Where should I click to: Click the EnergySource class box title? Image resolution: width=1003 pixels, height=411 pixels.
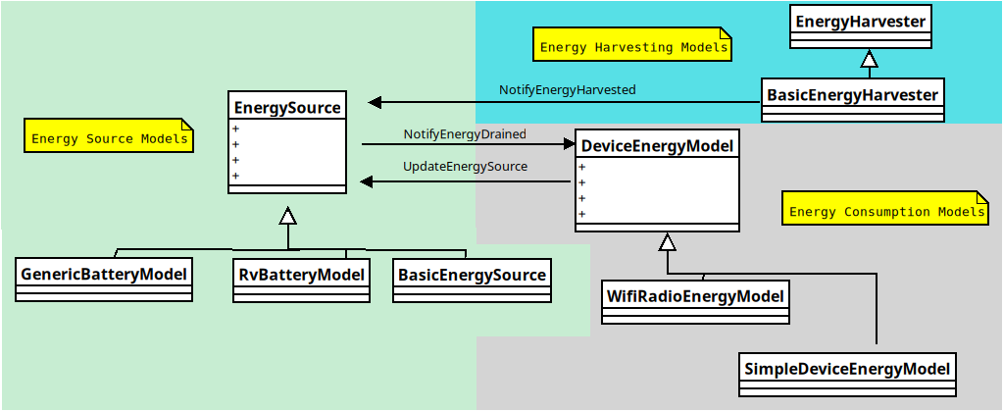click(x=287, y=108)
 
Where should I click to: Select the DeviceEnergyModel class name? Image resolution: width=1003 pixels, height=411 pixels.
click(x=657, y=146)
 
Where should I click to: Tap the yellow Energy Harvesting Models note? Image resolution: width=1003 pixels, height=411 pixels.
click(x=633, y=46)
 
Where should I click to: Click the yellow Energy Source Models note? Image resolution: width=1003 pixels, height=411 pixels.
click(x=109, y=137)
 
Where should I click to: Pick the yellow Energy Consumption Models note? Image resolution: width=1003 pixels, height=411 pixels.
click(x=885, y=210)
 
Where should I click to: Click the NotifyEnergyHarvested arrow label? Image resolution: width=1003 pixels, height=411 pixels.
click(x=567, y=89)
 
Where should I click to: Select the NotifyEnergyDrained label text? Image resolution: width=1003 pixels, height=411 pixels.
click(x=464, y=133)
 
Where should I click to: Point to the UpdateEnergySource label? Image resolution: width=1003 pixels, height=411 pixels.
click(x=465, y=167)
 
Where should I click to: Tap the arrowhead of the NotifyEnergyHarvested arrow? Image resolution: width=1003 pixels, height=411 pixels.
click(x=375, y=102)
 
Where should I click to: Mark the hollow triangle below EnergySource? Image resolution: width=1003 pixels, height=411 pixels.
click(x=287, y=216)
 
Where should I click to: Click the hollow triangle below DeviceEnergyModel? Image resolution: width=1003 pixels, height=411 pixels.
click(x=668, y=241)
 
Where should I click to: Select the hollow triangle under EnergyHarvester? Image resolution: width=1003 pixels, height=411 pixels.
click(x=868, y=59)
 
